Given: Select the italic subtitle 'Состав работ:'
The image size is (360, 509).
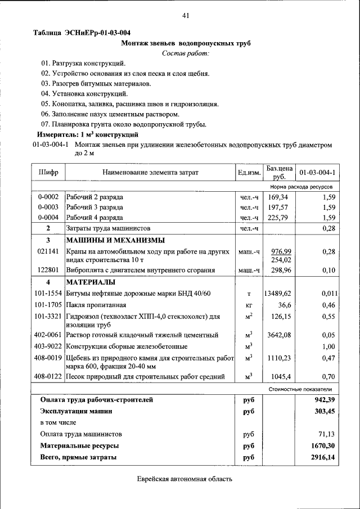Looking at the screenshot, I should coord(185,53).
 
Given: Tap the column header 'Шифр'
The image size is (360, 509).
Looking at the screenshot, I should coord(48,172).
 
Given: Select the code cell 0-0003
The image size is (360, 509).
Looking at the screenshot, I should coord(48,208).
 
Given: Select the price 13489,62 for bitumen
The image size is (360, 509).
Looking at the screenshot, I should coord(278,294).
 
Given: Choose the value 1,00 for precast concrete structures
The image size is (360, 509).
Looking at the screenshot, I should coord(328,346).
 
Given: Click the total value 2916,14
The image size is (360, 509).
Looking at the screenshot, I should coord(323,458).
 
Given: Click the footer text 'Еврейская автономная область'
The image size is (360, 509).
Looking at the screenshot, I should coord(184,479).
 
